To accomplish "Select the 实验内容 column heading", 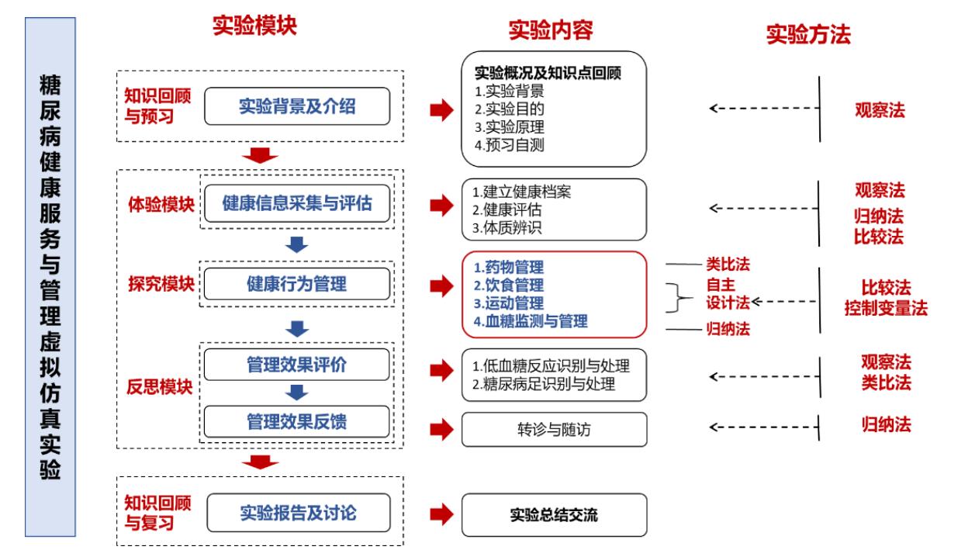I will pos(551,31).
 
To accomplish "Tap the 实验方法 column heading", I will pos(808,35).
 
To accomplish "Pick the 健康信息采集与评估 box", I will pos(296,203).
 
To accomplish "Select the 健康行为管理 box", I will pos(296,285).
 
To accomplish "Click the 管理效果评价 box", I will pos(296,365).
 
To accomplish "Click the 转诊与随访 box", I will pos(554,429).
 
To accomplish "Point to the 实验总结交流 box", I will pos(554,514).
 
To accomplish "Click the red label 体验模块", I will pos(161,206).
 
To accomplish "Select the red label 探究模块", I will pos(161,285).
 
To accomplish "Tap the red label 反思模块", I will pos(161,386).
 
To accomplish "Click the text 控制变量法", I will pos(886,308).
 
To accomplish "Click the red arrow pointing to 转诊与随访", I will pos(440,429).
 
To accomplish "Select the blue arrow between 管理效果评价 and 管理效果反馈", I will pos(297,393).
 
